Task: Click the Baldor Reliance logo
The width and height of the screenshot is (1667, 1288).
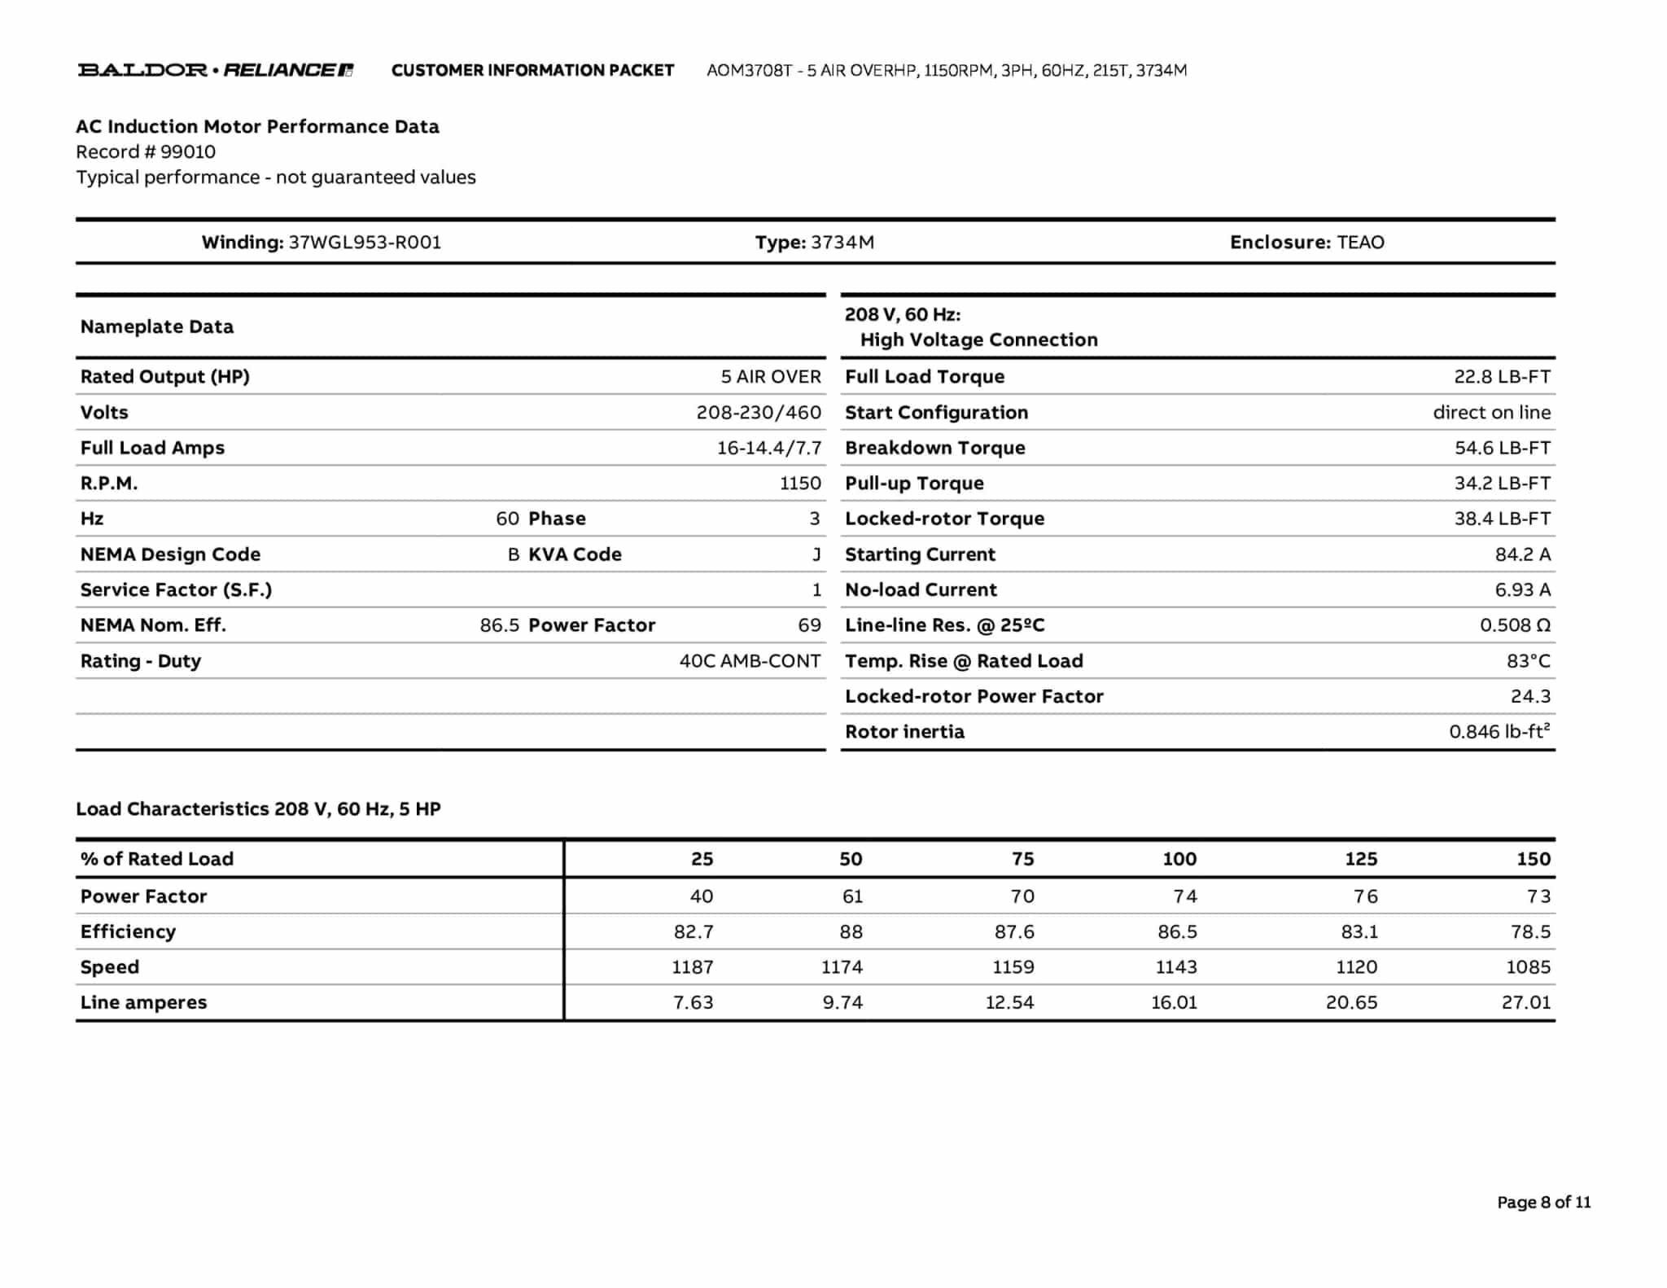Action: [x=216, y=70]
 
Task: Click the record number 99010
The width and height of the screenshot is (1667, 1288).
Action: [x=188, y=152]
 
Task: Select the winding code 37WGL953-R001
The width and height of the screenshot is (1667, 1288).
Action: [x=365, y=243]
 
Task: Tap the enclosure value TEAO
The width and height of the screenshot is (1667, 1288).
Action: [x=1360, y=243]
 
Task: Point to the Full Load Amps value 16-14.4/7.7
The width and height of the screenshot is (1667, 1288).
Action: [x=768, y=449]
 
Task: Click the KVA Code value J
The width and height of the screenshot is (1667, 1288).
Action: [x=816, y=555]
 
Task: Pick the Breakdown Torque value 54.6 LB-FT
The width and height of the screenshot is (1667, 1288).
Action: [x=1502, y=449]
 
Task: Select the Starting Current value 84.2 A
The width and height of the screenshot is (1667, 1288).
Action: [x=1522, y=555]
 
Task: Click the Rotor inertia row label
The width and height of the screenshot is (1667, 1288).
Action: [x=904, y=732]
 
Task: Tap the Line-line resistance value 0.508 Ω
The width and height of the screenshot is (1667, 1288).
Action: [x=1515, y=626]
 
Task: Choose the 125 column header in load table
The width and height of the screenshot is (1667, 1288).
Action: [x=1360, y=859]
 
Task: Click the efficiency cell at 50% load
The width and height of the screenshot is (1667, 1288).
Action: [x=851, y=932]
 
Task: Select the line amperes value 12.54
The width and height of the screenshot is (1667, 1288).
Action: [x=1009, y=1003]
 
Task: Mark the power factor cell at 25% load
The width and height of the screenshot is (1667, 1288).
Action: [x=701, y=896]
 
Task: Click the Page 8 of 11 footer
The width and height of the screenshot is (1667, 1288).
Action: [x=1543, y=1203]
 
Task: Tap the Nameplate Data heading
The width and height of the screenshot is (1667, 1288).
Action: [x=157, y=327]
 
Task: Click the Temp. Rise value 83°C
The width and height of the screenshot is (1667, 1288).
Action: [x=1528, y=661]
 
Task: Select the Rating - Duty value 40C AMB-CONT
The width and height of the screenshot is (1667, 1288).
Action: [x=750, y=661]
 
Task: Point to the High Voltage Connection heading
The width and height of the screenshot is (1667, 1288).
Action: [x=978, y=340]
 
